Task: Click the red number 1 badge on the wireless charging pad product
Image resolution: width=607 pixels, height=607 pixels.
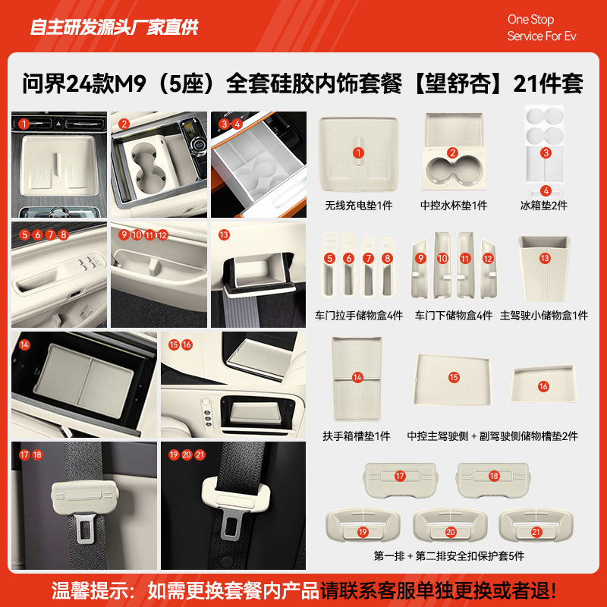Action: pyautogui.click(x=358, y=153)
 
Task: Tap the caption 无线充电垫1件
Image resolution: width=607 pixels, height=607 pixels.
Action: pyautogui.click(x=358, y=206)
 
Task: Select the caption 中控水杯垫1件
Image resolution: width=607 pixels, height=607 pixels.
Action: pyautogui.click(x=454, y=206)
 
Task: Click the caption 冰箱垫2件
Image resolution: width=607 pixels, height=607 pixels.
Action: pyautogui.click(x=544, y=206)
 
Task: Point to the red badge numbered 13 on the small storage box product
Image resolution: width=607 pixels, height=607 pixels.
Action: pyautogui.click(x=544, y=259)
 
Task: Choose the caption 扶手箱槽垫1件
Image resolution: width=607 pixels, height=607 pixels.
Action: pyautogui.click(x=357, y=436)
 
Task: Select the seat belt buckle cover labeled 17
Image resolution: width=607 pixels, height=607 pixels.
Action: pyautogui.click(x=400, y=476)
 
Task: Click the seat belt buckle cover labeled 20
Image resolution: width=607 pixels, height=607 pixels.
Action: pyautogui.click(x=450, y=525)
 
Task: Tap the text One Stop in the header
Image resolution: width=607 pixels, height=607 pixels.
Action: pyautogui.click(x=530, y=20)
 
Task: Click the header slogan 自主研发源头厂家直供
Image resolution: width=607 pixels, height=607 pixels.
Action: pyautogui.click(x=114, y=28)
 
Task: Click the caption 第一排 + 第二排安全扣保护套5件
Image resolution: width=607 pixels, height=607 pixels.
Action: pyautogui.click(x=449, y=556)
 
